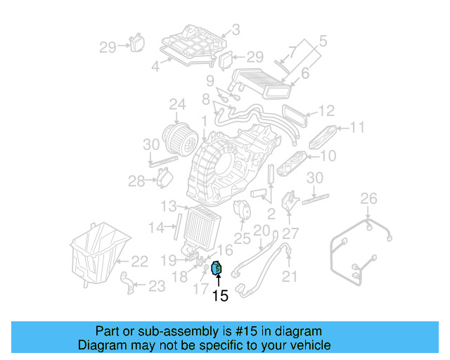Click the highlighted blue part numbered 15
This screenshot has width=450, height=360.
pos(217,268)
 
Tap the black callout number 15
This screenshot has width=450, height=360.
pos(220,297)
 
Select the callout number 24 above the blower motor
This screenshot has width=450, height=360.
pos(177,106)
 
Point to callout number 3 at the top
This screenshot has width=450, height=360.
pos(236,30)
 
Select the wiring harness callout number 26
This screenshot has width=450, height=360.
pos(369,200)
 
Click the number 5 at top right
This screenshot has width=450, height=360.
pos(323,41)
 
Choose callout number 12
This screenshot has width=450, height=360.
pos(326,111)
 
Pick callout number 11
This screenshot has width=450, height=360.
pos(357,127)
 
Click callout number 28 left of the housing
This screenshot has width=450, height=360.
pos(136,182)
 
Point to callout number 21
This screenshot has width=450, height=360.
pos(290,277)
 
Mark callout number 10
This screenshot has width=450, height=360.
pos(328,156)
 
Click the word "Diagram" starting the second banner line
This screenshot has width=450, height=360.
pos(101,346)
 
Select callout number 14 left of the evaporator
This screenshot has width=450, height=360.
pos(157,226)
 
